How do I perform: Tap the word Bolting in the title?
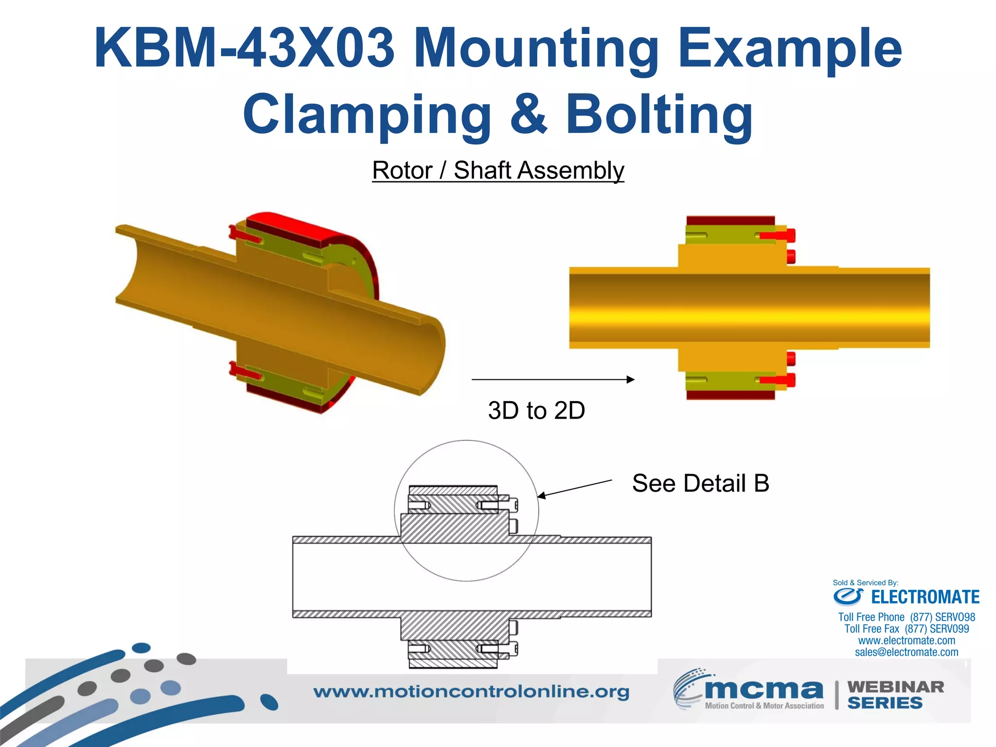click(659, 115)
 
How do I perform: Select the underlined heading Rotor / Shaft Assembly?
click(498, 171)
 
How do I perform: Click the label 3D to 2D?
click(536, 410)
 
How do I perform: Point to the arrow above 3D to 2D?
click(552, 379)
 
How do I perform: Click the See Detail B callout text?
click(700, 483)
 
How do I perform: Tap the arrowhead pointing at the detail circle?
click(541, 496)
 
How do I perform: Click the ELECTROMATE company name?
click(925, 597)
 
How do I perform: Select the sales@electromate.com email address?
click(907, 652)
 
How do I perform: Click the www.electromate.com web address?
click(907, 640)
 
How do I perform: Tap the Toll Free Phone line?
click(907, 617)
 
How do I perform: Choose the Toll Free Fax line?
click(907, 629)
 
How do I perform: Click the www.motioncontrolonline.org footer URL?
click(471, 692)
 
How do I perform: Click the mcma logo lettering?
click(764, 689)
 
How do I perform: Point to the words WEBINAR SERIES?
click(895, 695)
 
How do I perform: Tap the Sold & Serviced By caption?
click(865, 583)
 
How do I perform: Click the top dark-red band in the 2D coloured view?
click(730, 221)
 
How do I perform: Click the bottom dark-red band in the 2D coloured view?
click(730, 395)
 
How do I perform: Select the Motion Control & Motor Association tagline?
click(764, 706)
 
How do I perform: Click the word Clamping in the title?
click(367, 115)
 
